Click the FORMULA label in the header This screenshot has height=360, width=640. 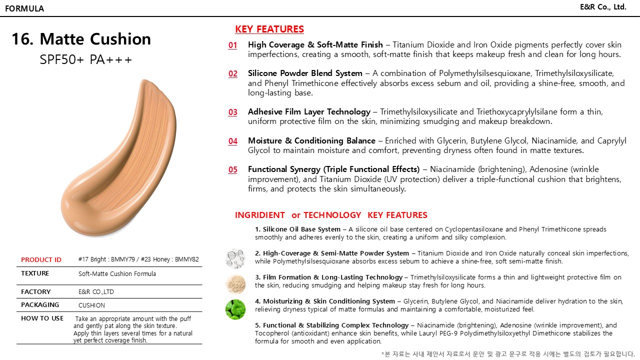point(24,8)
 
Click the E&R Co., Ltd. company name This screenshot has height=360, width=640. point(603,7)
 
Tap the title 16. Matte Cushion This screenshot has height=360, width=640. point(81,39)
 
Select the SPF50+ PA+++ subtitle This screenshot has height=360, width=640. point(86,60)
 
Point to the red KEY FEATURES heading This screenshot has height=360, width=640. point(269,29)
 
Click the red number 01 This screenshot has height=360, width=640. point(233,45)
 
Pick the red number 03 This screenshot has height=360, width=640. point(233,112)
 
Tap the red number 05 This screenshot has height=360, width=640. point(233,170)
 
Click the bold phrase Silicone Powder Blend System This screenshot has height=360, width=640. point(305,73)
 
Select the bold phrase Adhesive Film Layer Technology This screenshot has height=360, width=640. point(309,112)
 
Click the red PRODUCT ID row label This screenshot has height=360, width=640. point(41,259)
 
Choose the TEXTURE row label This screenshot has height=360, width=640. point(35,273)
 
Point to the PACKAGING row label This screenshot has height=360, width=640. point(40,305)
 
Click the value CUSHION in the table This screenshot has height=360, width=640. point(91,305)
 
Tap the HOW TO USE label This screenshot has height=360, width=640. point(42,318)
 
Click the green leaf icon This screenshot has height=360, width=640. point(235,309)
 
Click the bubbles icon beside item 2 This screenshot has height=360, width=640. point(235,258)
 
